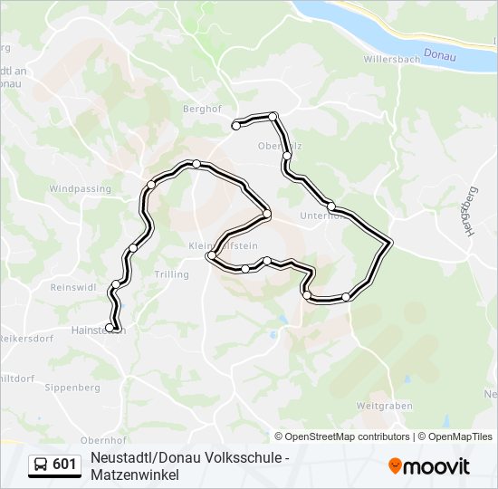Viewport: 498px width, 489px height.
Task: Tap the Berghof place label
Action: click(202, 107)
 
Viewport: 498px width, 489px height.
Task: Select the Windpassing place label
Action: click(80, 189)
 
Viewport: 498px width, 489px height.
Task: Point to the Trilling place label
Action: click(171, 274)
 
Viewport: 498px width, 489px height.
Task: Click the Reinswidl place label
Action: click(73, 287)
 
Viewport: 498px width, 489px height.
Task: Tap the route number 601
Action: click(64, 465)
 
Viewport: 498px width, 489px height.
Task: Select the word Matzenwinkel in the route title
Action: click(135, 475)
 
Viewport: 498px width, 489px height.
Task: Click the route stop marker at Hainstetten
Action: click(110, 328)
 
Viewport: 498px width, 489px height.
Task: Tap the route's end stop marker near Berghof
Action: click(236, 126)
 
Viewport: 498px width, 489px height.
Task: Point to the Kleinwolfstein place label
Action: click(224, 246)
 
